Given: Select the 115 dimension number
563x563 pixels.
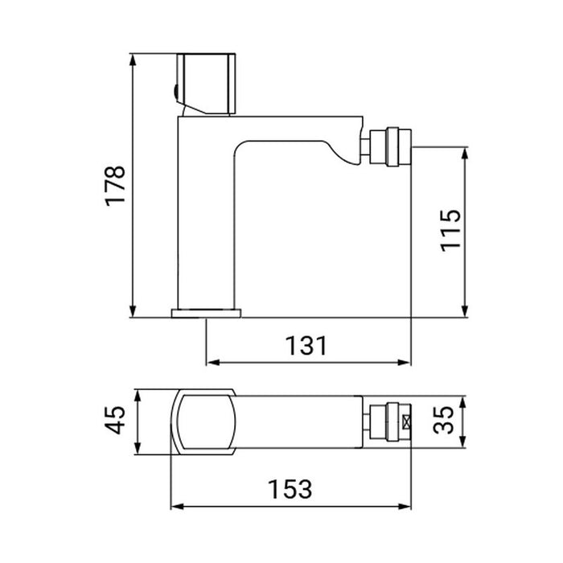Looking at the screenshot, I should [x=452, y=231].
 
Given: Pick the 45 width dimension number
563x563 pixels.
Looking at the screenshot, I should [x=117, y=421].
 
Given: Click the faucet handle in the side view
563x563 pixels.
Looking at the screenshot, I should [x=208, y=84].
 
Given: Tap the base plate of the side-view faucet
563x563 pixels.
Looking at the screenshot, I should [x=207, y=312].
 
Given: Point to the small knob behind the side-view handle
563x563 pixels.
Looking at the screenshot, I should [x=175, y=89].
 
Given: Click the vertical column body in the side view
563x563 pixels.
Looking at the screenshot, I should [x=201, y=217].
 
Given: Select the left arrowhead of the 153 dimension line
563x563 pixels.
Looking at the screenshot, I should [x=175, y=507].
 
